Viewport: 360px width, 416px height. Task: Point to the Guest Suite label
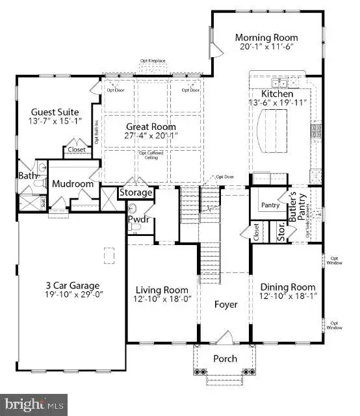coord(47,111)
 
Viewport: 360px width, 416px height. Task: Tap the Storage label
coord(136,192)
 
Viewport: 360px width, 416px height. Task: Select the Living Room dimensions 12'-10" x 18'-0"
coord(161,299)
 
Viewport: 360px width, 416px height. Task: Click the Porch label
coord(225,359)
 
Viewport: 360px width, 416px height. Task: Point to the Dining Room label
coord(288,287)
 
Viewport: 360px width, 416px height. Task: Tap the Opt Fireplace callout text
coord(153,61)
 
